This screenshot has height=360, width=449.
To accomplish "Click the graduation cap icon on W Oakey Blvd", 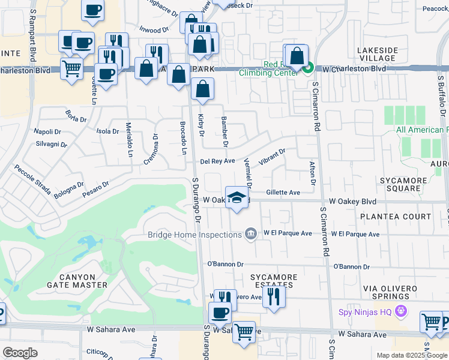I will (x=237, y=199).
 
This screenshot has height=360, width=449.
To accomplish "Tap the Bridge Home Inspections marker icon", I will (x=252, y=233).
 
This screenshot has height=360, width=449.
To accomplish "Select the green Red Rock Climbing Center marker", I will (x=307, y=69).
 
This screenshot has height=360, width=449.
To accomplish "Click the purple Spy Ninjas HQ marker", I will (x=402, y=312).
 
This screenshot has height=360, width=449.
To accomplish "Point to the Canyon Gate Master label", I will (x=68, y=279).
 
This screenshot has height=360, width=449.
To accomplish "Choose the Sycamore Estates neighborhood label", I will (x=273, y=281).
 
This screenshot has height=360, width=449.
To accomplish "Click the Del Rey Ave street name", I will (x=217, y=161).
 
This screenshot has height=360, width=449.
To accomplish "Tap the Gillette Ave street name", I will (x=283, y=193).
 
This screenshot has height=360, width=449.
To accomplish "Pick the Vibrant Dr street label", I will (x=271, y=158).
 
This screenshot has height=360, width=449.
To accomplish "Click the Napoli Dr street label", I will (x=47, y=131).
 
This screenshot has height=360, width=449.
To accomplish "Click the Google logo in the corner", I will (x=20, y=352).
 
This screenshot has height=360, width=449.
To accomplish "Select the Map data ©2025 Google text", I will (x=411, y=355).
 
